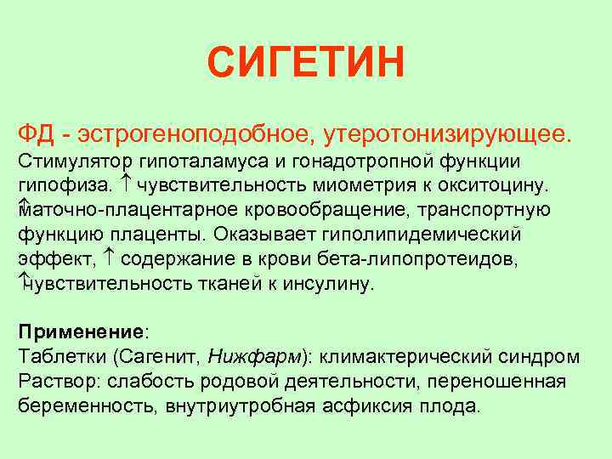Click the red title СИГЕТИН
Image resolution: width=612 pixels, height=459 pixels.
click(x=306, y=63)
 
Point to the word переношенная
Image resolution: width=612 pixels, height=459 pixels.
click(x=504, y=382)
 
